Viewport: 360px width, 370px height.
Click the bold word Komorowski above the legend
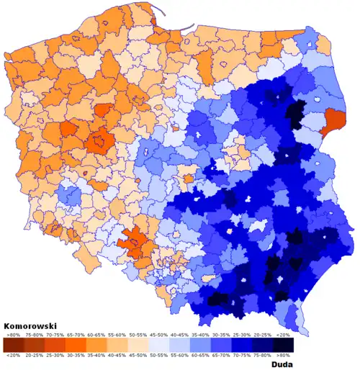click(x=30, y=326)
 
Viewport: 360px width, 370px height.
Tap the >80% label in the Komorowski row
click(x=13, y=335)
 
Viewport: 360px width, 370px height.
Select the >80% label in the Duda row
click(x=283, y=355)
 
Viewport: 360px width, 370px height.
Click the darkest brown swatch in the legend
click(x=13, y=345)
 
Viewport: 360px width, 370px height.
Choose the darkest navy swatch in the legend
click(x=283, y=345)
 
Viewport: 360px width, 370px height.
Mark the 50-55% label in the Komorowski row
click(x=139, y=335)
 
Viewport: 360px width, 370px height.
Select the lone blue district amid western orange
click(x=68, y=194)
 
